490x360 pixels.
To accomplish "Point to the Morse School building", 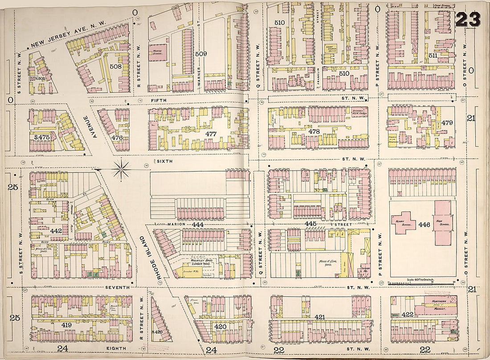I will click(157, 53).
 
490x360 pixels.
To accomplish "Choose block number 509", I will click(201, 54).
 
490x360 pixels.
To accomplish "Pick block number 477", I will click(211, 133).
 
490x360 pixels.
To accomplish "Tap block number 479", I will click(447, 123).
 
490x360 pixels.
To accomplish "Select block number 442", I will click(56, 231).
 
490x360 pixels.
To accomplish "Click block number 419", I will click(66, 325).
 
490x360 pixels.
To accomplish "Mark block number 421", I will click(319, 317).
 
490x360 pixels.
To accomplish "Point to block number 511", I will click(432, 56).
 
